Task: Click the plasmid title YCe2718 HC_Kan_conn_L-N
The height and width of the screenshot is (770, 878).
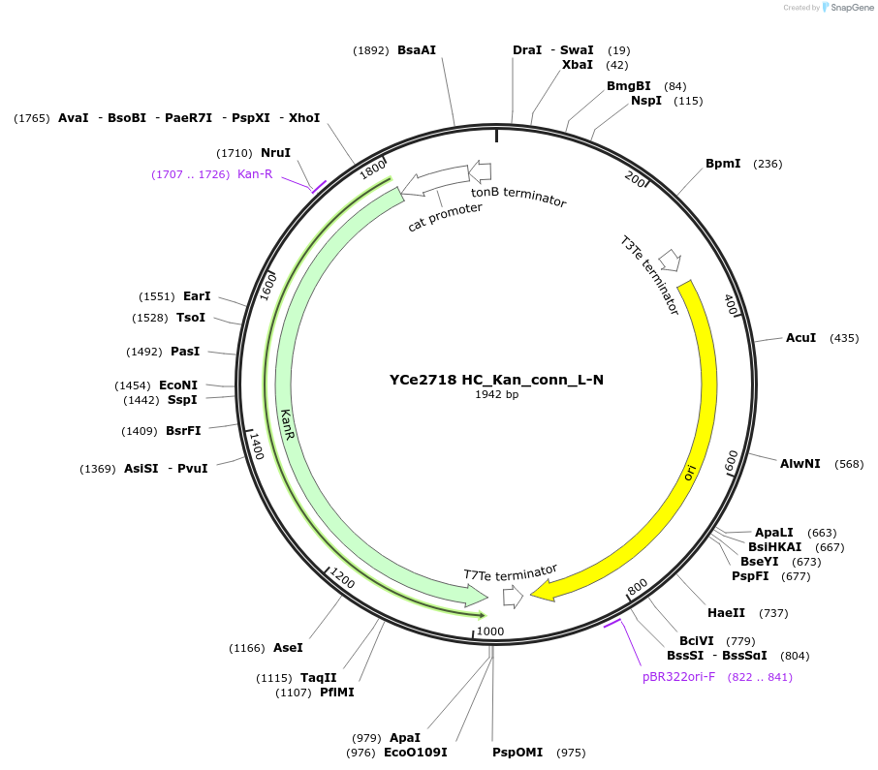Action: pyautogui.click(x=496, y=380)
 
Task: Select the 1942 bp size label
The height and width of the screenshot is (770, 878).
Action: pyautogui.click(x=496, y=395)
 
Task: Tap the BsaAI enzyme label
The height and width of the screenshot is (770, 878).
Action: pyautogui.click(x=417, y=50)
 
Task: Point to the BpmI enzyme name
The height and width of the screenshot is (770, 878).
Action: pyautogui.click(x=723, y=164)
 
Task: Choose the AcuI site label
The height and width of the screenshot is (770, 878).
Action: pyautogui.click(x=800, y=338)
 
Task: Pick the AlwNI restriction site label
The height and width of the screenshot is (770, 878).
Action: pyautogui.click(x=800, y=464)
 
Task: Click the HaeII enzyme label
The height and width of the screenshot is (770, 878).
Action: pyautogui.click(x=727, y=613)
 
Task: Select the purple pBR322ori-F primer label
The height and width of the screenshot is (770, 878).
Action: pyautogui.click(x=678, y=677)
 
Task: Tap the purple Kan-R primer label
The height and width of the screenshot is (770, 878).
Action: pyautogui.click(x=255, y=174)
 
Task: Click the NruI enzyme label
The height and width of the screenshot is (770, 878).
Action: pyautogui.click(x=275, y=153)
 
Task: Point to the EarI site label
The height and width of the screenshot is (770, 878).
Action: pyautogui.click(x=197, y=296)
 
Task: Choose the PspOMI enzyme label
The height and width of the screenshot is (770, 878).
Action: pyautogui.click(x=517, y=753)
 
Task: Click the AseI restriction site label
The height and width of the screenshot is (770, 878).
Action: pyautogui.click(x=288, y=648)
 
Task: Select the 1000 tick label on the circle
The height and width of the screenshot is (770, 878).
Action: pyautogui.click(x=490, y=631)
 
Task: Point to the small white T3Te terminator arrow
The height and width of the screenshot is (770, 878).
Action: pyautogui.click(x=669, y=261)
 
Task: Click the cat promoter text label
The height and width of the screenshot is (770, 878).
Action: pyautogui.click(x=445, y=216)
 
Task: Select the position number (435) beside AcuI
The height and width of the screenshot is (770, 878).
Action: pyautogui.click(x=845, y=338)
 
